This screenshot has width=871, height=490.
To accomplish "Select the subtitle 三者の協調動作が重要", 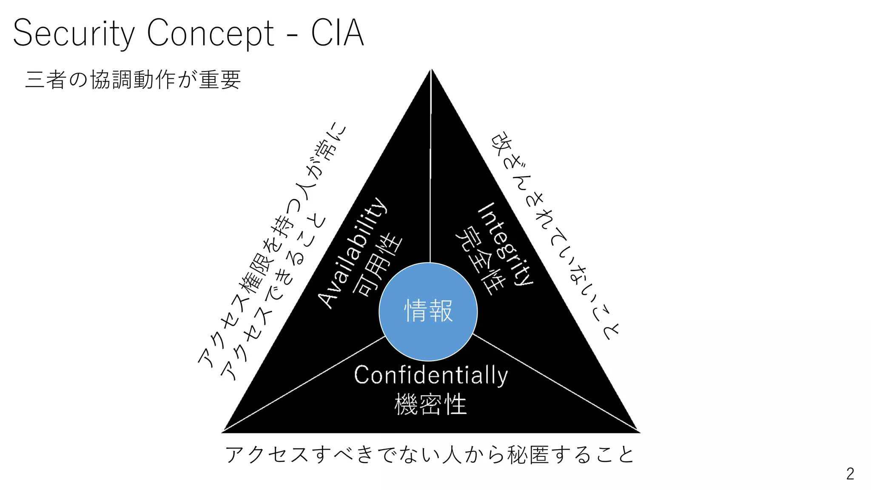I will coord(133,80).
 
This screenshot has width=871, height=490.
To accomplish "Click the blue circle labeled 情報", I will coord(428,311).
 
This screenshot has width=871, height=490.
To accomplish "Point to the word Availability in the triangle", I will coord(353,253).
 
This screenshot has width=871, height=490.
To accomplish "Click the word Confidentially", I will coord(431,375).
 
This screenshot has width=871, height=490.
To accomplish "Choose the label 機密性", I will coord(430,404).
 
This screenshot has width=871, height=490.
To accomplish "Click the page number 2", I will coord(850,474).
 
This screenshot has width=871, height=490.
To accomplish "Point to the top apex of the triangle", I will coord(431,71).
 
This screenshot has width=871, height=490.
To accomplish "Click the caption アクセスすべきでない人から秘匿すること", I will coord(430,454).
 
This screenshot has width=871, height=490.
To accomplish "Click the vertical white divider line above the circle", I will coord(431,170).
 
